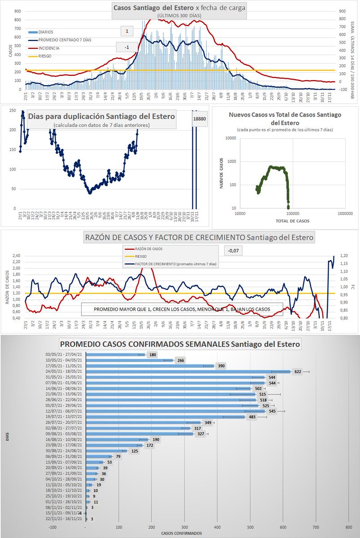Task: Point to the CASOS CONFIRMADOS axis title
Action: point(181,533)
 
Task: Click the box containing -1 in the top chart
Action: point(127,48)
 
